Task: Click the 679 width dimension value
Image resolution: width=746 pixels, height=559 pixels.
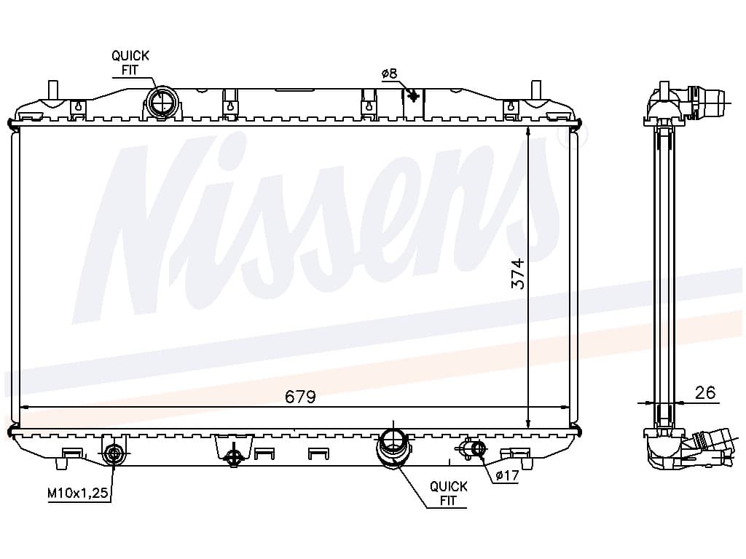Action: (300, 397)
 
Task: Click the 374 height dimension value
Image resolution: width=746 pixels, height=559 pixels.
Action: (518, 274)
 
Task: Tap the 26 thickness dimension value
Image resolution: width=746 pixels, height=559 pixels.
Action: (705, 392)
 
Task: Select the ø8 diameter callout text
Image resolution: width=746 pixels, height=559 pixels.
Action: (389, 74)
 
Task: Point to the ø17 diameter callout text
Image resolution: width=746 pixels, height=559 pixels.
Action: (507, 475)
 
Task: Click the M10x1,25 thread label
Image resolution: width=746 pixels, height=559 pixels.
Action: (78, 493)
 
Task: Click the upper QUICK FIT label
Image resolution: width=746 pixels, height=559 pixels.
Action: (130, 63)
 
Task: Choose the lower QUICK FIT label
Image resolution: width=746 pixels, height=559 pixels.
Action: (448, 493)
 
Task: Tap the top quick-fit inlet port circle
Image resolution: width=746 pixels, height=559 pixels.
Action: (162, 102)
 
